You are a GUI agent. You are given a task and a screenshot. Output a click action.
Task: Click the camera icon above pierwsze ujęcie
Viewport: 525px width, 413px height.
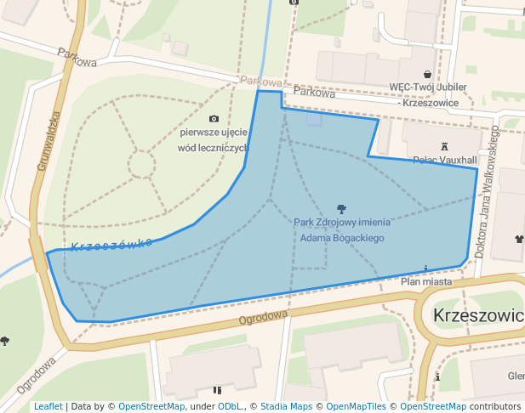click(214, 118)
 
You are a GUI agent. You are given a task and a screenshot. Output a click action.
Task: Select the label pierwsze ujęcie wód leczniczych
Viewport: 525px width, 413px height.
click(213, 140)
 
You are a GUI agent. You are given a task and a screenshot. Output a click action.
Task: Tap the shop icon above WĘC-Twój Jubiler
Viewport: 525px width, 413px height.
click(427, 74)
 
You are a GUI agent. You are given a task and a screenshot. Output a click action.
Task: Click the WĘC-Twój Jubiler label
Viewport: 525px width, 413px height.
click(424, 94)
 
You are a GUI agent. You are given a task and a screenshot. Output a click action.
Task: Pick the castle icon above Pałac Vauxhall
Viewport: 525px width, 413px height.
click(444, 146)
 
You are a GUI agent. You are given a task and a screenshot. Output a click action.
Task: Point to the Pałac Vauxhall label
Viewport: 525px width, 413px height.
click(444, 160)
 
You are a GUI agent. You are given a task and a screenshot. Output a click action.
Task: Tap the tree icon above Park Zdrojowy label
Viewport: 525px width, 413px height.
click(341, 208)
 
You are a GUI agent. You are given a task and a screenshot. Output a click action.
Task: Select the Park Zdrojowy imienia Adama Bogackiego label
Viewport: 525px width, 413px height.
click(340, 230)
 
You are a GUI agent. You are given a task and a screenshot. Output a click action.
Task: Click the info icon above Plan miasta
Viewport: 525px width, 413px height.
click(425, 269)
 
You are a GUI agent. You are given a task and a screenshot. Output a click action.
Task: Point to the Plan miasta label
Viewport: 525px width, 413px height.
click(425, 280)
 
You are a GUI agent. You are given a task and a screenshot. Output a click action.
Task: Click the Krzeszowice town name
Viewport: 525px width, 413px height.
click(478, 314)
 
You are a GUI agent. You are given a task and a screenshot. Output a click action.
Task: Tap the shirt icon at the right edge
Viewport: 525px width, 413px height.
click(518, 239)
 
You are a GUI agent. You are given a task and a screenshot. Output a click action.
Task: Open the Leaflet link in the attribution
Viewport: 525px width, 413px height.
click(49, 406)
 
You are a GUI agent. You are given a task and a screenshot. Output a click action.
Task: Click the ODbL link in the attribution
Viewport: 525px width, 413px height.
click(230, 406)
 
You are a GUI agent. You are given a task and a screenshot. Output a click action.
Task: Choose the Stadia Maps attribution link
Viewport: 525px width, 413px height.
click(286, 406)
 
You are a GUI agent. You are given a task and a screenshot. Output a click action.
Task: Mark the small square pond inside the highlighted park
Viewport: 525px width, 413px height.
click(314, 119)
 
